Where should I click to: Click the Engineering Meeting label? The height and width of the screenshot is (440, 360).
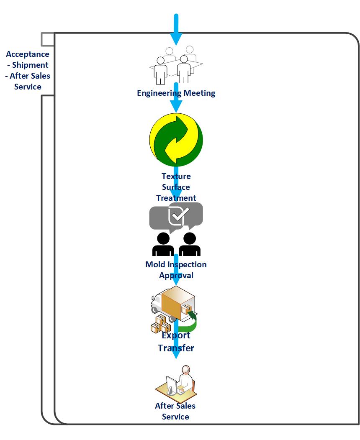pos(176,93)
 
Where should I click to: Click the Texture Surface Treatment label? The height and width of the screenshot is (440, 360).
pos(176,187)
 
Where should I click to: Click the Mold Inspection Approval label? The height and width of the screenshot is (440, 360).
pos(176,270)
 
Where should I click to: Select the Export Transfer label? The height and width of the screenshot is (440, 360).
pos(176,341)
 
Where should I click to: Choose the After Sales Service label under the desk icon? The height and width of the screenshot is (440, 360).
pos(175,411)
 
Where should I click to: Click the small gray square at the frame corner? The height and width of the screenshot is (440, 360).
pos(47,39)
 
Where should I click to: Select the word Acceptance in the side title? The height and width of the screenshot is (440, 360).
pos(28,54)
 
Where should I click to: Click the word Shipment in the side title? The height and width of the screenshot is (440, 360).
pos(30,65)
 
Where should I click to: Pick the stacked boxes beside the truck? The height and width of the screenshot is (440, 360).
pos(160,324)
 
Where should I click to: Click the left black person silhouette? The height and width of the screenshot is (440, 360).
pos(163,244)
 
